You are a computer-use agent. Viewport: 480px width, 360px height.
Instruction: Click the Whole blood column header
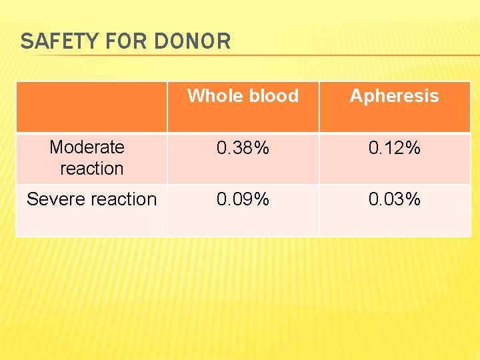pyautogui.click(x=243, y=96)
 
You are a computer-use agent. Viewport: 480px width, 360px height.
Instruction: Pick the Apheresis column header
pyautogui.click(x=394, y=96)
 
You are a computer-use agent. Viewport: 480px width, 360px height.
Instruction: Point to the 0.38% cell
pyautogui.click(x=243, y=148)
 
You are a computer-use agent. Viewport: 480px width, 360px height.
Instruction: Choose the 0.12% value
pyautogui.click(x=394, y=148)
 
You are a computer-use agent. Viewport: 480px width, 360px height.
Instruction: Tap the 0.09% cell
pyautogui.click(x=243, y=199)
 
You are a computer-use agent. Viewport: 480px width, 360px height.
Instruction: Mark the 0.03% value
pyautogui.click(x=394, y=199)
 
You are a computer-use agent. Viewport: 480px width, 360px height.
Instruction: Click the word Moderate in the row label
pyautogui.click(x=87, y=147)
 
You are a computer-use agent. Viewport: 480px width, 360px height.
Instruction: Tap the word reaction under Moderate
pyautogui.click(x=92, y=169)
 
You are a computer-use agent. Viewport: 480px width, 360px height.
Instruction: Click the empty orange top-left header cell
pyautogui.click(x=91, y=107)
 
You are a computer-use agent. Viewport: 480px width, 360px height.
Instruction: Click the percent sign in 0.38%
pyautogui.click(x=263, y=148)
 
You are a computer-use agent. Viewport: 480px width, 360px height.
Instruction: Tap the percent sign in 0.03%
pyautogui.click(x=414, y=199)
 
